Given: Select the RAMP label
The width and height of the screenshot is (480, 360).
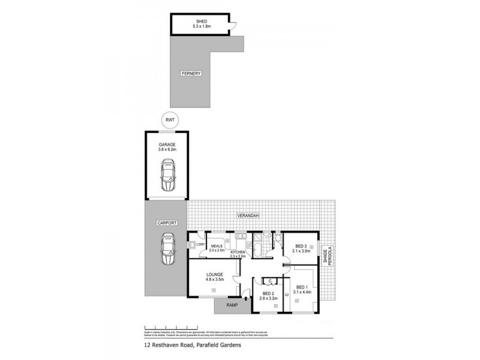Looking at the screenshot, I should [x=232, y=305].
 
